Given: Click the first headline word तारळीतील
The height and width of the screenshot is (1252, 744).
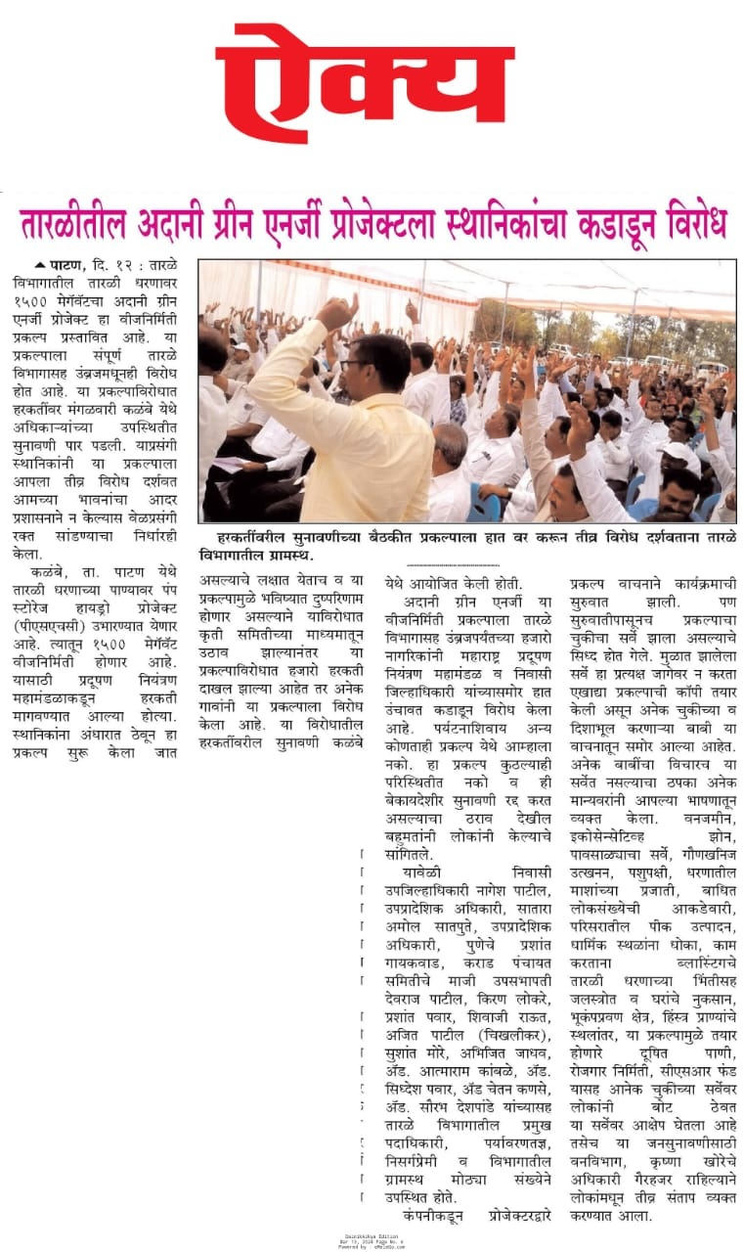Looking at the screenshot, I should pyautogui.click(x=73, y=224).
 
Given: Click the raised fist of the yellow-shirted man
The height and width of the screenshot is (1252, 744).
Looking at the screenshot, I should pyautogui.click(x=337, y=314).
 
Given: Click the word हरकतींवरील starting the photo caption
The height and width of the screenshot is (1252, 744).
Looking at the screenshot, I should pyautogui.click(x=251, y=537).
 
